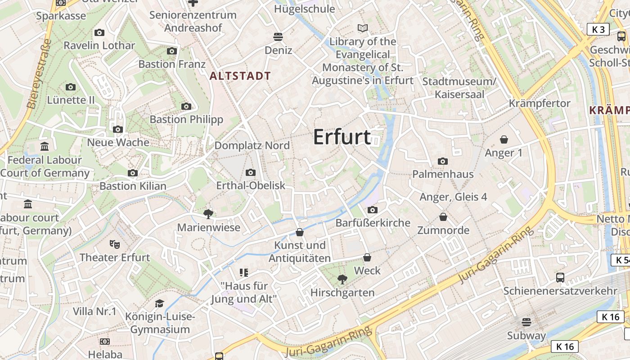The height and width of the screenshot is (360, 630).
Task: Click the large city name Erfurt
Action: pos(342,137)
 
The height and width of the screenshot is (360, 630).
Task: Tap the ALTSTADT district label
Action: pos(240,76)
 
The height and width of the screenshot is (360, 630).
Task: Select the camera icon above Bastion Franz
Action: pos(171,51)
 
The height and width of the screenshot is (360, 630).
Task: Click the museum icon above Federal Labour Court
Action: pos(45,147)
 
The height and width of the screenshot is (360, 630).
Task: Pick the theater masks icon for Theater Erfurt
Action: pos(115,244)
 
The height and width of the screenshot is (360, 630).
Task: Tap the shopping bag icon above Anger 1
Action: pos(504,140)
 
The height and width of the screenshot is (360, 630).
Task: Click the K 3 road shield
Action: pos(598,30)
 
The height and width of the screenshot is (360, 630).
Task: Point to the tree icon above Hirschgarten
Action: pos(342,279)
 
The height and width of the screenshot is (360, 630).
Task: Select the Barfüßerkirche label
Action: pos(373,223)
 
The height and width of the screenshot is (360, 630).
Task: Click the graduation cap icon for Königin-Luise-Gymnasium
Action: pos(159,303)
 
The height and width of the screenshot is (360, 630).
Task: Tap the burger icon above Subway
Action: pos(526,322)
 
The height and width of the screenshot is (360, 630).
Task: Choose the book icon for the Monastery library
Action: pos(363,28)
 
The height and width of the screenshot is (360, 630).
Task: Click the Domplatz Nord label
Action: pos(252,145)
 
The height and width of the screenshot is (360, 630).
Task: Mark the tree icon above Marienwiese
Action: pos(208,214)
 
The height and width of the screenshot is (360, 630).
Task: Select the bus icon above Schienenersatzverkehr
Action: pos(560,278)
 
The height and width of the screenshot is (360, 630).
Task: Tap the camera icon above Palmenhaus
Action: pos(443,161)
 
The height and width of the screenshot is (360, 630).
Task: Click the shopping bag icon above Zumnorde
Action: pos(443,217)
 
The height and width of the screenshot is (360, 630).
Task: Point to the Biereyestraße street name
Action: pos(40,74)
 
